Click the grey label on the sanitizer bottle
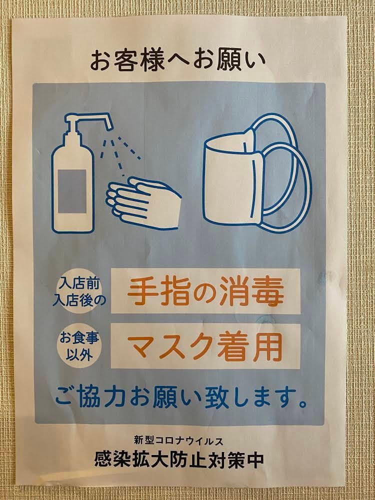(72, 191)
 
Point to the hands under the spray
(143, 203)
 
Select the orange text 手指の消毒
(205, 290)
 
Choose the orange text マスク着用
(205, 346)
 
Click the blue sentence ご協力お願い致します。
(181, 396)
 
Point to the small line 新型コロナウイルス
(178, 441)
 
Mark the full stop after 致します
(303, 403)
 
